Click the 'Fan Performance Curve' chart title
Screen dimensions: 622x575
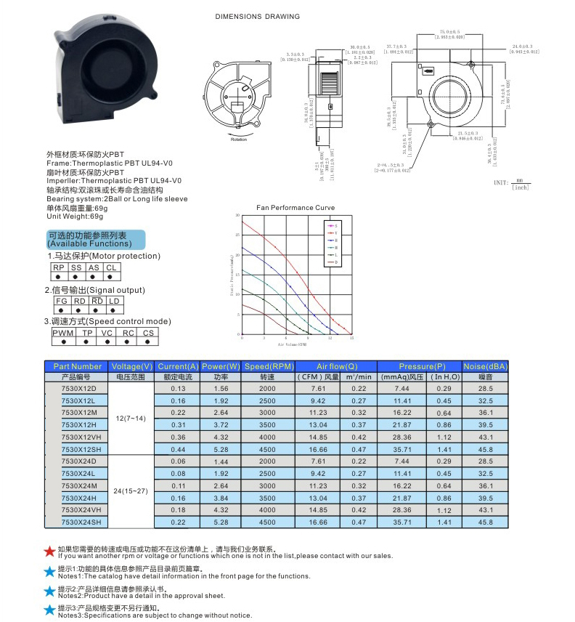(x=295, y=208)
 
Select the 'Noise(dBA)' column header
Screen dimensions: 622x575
(x=485, y=366)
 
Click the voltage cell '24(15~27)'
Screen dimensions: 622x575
(x=131, y=490)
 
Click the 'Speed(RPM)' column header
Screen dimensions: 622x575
(x=268, y=366)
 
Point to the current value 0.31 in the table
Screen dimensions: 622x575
(x=179, y=424)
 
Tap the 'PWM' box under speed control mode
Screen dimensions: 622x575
(x=64, y=333)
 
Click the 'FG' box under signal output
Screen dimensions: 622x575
(x=61, y=301)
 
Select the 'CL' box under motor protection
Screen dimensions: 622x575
(x=111, y=267)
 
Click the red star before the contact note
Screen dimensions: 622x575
(x=49, y=552)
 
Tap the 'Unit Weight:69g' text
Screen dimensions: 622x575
(x=76, y=216)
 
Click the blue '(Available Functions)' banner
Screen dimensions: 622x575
(x=95, y=240)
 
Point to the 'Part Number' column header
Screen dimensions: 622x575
(x=78, y=366)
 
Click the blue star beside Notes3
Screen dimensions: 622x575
(x=49, y=610)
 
